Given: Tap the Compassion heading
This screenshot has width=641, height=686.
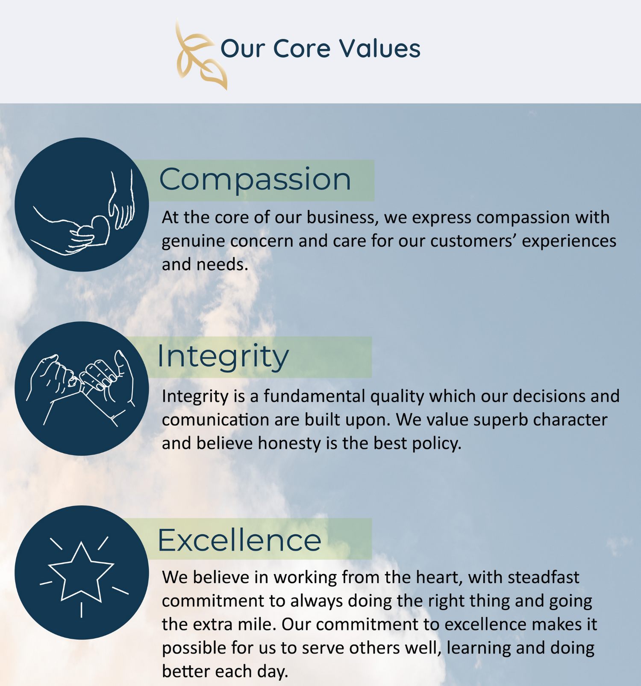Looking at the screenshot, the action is coord(255,179).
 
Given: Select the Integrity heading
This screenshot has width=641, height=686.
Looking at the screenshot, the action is coord(223,357).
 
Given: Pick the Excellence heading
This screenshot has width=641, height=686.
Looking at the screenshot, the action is coord(239,540).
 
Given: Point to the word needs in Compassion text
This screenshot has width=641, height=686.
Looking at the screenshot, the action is coord(222,265).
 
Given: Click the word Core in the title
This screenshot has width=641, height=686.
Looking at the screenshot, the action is coord(301,48).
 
